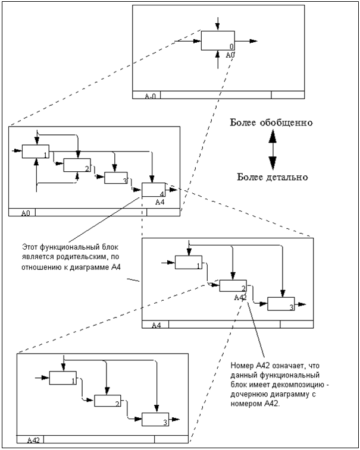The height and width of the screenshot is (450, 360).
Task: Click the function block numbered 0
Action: [x=218, y=40]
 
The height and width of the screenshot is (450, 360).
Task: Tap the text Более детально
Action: [x=273, y=177]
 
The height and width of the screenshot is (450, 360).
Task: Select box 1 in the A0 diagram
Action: [x=35, y=152]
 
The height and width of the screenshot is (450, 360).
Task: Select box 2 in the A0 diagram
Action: [x=77, y=165]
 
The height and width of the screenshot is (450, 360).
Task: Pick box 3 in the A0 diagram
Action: [x=116, y=178]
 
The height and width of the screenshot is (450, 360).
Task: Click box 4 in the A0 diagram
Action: [x=154, y=190]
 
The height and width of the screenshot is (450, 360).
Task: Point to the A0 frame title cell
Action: [x=26, y=212]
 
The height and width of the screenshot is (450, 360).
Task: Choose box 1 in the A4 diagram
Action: [x=188, y=263]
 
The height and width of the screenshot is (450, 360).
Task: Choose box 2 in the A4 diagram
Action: [x=233, y=285]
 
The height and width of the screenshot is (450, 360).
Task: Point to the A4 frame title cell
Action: [x=156, y=325]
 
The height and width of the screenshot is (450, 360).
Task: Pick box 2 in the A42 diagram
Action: [x=108, y=401]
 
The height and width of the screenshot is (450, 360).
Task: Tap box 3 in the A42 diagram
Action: [x=155, y=418]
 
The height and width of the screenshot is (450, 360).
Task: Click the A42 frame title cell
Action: [x=33, y=440]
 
